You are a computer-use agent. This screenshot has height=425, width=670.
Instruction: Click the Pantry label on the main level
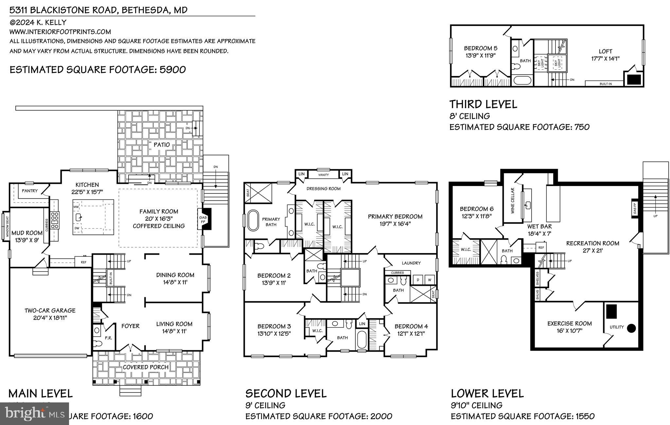(29, 191)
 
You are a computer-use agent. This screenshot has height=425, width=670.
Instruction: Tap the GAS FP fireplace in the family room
(203, 219)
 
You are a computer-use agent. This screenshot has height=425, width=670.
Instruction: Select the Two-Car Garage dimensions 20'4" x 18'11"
(50, 317)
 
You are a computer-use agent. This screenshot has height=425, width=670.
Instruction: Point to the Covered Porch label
(146, 367)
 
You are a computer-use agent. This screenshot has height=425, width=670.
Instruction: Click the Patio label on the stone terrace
(162, 144)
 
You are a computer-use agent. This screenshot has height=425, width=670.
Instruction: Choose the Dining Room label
(175, 275)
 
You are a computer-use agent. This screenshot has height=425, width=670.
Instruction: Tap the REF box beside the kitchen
(83, 262)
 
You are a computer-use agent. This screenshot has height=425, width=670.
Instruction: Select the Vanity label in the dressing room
(323, 175)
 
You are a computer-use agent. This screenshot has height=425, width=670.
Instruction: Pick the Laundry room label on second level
(411, 263)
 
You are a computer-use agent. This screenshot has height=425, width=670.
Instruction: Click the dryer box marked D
(417, 280)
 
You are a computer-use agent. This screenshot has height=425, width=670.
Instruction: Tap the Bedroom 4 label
(411, 326)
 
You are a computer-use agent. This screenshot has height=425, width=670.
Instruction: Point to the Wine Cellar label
(512, 200)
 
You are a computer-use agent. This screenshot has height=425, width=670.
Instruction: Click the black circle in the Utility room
(631, 328)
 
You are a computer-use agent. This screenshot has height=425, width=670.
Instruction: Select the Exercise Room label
(569, 323)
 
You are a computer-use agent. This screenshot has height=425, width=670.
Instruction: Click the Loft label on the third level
(605, 51)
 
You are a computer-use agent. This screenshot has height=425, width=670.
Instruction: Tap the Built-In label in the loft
(606, 84)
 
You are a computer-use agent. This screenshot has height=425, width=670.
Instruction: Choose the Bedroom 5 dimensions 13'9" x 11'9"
(481, 56)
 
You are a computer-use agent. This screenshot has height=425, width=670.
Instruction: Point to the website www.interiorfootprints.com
(60, 32)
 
